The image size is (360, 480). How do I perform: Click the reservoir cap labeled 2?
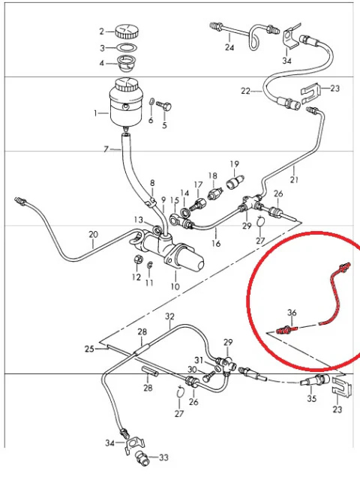click(127, 31)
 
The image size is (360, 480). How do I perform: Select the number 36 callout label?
click(292, 313)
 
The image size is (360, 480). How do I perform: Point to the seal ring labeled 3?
click(127, 48)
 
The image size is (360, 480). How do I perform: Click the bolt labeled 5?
click(163, 106)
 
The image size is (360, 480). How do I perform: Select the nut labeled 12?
click(138, 260)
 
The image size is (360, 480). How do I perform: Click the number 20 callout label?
click(93, 235)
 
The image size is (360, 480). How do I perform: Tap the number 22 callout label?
click(245, 91)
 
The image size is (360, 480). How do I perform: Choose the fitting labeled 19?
click(235, 182)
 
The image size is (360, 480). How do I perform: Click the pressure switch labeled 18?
click(215, 193)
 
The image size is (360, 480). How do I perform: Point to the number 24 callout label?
click(229, 47)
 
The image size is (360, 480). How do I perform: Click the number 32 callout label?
click(169, 316)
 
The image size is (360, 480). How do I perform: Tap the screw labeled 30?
click(209, 376)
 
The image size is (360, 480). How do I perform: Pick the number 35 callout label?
click(312, 398)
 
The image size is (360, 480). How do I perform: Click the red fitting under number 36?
click(287, 330)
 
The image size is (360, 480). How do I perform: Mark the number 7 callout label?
click(106, 149)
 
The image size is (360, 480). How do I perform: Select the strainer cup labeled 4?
click(127, 63)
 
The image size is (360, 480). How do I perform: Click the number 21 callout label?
click(294, 179)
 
